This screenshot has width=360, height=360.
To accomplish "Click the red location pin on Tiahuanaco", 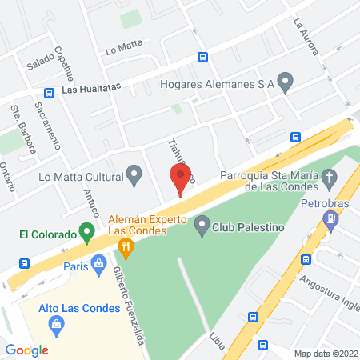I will (x=179, y=180).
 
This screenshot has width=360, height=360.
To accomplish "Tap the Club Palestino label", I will (x=248, y=228).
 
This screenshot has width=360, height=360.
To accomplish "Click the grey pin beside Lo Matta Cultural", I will (x=135, y=174).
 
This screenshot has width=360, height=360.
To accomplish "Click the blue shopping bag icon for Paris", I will (x=98, y=262).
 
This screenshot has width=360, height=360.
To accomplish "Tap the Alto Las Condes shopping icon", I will (x=56, y=323).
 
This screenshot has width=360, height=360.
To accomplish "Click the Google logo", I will (x=26, y=350).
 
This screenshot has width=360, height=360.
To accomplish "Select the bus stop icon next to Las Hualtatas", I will (x=50, y=92).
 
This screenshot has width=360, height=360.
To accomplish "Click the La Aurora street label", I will (x=306, y=37).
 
